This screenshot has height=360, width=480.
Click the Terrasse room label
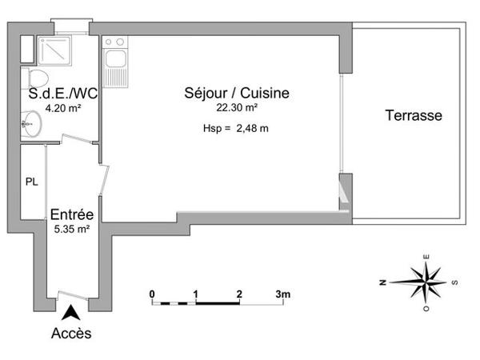click(414, 115)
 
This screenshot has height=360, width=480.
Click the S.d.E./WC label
click(58, 94)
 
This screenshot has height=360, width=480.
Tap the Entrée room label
click(72, 214)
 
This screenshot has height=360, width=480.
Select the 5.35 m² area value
click(72, 228)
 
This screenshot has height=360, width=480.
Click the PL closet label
click(31, 182)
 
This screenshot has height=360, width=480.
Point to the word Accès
click(72, 332)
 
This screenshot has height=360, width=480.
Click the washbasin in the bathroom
click(31, 122)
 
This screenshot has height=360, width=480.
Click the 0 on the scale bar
click(152, 294)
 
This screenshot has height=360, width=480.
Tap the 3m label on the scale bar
click(282, 294)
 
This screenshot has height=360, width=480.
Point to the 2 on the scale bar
click(239, 294)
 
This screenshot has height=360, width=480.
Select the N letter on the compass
click(384, 281)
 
